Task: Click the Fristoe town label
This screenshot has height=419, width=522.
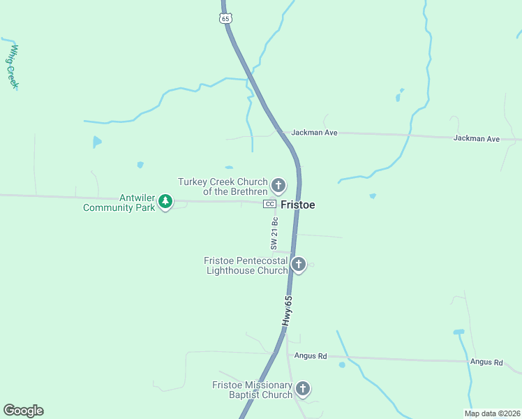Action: pos(298,205)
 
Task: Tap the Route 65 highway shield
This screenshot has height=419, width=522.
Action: pos(225,19)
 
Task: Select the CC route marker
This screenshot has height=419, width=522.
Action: pos(269,204)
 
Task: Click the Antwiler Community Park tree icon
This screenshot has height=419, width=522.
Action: pos(165,201)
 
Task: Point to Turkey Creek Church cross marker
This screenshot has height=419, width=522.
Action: pos(278,185)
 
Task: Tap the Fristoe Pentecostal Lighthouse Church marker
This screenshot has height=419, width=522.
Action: pos(299,264)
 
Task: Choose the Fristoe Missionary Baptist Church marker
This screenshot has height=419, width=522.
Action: pos(303,388)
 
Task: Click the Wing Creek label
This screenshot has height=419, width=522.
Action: pos(13,67)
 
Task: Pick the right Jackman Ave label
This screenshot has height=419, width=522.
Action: pos(477,138)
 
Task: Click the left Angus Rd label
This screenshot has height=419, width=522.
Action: pos(311,355)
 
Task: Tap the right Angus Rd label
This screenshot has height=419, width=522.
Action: pos(486,362)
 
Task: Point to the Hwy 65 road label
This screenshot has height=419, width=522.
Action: pos(287,309)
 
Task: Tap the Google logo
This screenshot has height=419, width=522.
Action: pos(23,411)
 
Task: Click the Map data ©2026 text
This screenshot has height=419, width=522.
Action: pos(492,413)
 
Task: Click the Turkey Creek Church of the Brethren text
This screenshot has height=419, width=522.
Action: pos(223,186)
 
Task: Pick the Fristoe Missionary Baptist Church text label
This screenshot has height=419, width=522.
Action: pos(253,390)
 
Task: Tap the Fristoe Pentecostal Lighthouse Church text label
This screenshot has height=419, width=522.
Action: pos(246,265)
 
